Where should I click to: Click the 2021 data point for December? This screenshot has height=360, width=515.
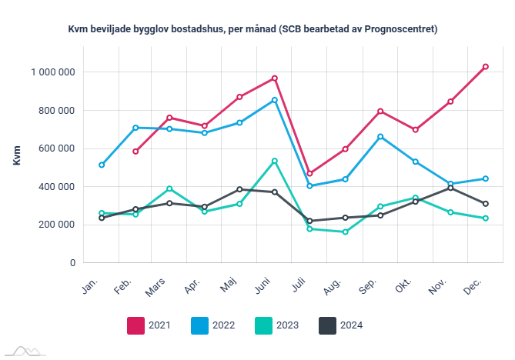point(485,67)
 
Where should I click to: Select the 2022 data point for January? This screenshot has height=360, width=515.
point(102,165)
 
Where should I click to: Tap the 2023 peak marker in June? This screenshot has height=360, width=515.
point(275,161)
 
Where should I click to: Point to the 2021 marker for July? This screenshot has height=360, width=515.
point(309,174)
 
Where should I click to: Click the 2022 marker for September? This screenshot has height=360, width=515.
point(380,137)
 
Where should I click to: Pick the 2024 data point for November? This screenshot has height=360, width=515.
point(450,188)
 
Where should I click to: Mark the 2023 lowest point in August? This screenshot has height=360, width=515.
point(345,232)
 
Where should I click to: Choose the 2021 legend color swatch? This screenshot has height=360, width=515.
point(136,325)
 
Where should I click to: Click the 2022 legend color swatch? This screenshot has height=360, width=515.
point(200,325)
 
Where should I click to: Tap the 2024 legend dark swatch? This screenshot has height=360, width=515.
point(329,325)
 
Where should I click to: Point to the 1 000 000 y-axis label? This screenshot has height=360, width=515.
point(53,72)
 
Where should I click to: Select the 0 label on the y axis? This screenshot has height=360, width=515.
point(72,263)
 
